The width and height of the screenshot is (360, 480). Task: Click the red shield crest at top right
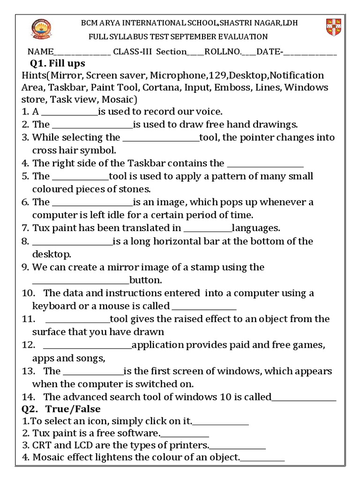click(333, 28)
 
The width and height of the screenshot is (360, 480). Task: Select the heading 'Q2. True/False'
click(61, 409)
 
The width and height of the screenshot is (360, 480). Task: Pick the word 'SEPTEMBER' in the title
click(200, 37)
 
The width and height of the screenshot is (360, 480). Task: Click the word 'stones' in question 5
click(136, 189)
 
